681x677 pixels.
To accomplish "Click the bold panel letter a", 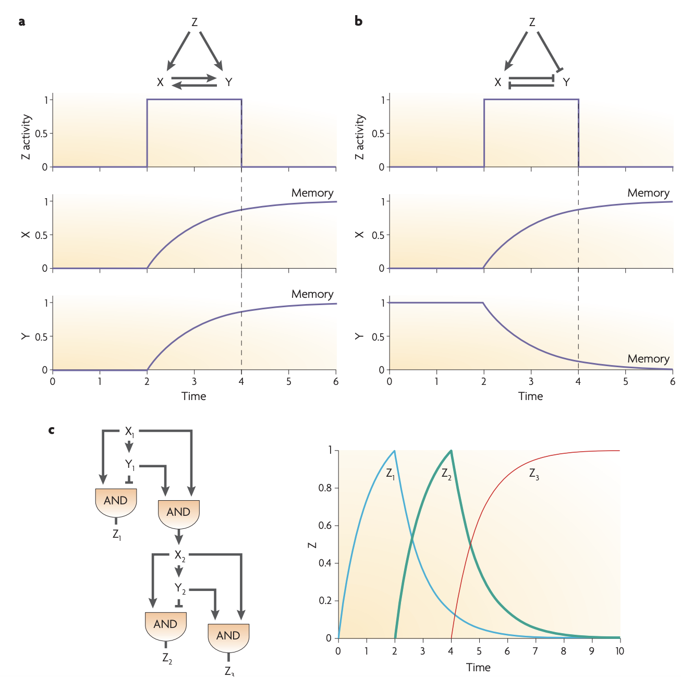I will point(21,22).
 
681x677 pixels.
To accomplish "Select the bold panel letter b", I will point(358,21).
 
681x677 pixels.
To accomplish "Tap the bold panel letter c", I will point(51,430).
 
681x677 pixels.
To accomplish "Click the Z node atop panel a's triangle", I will point(194,22).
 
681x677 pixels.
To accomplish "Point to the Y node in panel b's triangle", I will point(566,82).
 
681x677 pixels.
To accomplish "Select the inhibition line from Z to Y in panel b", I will point(549,51).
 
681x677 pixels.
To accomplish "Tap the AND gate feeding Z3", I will point(228,636).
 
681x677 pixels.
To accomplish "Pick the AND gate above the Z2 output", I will point(165,625).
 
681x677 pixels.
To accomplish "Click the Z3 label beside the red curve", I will point(533,474).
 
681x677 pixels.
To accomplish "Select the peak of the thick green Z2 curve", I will point(451,451).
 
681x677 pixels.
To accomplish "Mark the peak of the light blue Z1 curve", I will point(394,451).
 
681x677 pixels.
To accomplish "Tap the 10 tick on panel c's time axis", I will point(619,651).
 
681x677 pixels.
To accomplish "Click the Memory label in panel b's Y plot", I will point(648,359).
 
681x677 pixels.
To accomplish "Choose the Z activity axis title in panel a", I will point(26,137).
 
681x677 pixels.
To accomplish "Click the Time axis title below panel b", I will point(530,396).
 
